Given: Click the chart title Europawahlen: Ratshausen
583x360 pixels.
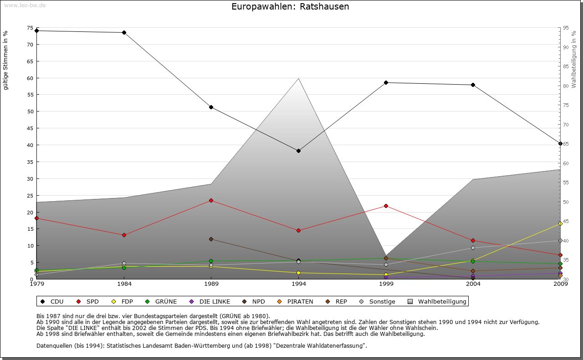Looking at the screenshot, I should click(290, 7).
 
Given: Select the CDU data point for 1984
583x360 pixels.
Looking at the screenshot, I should click(124, 33).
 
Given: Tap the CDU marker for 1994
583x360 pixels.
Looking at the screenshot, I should click(298, 151).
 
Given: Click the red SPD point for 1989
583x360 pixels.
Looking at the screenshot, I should click(211, 200).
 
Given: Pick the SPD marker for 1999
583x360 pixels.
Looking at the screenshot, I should click(386, 206).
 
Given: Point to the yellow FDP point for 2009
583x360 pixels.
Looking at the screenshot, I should click(560, 224).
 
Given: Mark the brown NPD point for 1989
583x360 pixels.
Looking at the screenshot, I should click(211, 239).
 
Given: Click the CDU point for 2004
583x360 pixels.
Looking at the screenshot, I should click(473, 85).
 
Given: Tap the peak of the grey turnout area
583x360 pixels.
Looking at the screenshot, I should click(298, 79).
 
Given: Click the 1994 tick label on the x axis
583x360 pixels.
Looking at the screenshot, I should click(298, 284).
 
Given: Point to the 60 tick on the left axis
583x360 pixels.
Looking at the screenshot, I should click(31, 78).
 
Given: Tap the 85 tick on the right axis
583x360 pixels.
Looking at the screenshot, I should click(565, 66).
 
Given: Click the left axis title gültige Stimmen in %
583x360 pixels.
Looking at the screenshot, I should click(5, 61).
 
